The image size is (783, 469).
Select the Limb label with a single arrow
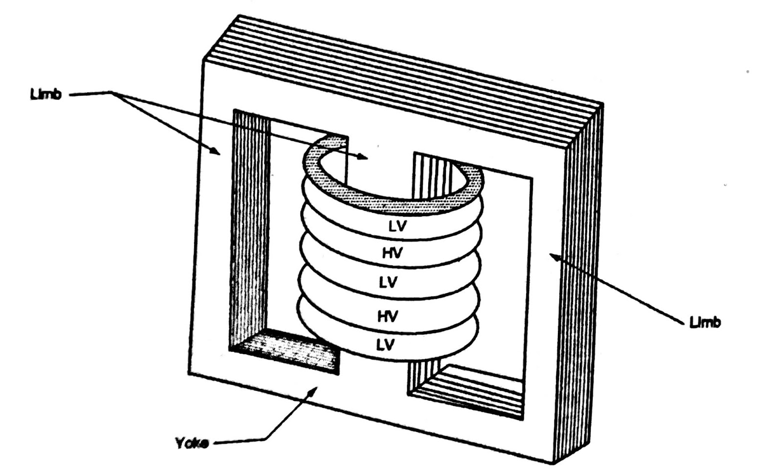tap(705, 322)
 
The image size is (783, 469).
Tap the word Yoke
tap(192, 443)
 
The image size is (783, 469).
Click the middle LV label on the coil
tap(389, 282)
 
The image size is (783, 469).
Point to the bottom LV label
tap(385, 345)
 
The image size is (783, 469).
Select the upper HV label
tap(391, 253)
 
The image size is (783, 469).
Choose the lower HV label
tap(388, 315)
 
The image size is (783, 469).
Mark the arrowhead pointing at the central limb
tap(363, 156)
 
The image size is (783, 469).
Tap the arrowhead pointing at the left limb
tap(216, 151)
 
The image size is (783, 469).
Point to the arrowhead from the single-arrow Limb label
tap(553, 256)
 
